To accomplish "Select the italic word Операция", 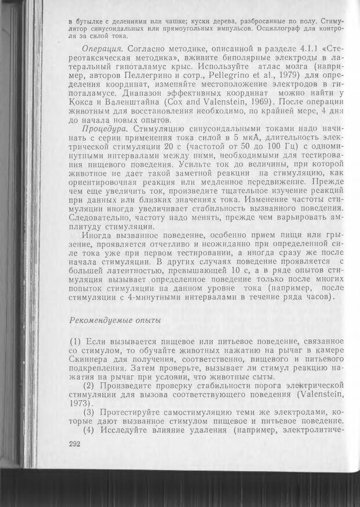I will [102, 47].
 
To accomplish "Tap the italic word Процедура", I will [104, 128].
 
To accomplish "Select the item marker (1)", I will [77, 340].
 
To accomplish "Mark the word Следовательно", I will [101, 218].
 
